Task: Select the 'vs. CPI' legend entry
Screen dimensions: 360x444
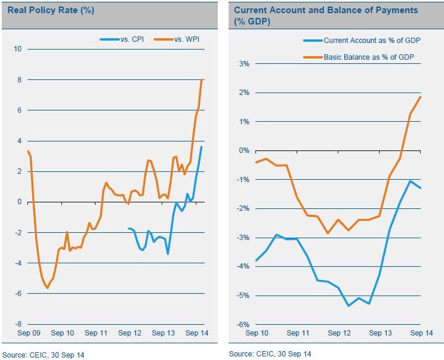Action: click(125, 39)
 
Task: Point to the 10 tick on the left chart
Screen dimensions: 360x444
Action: click(17, 49)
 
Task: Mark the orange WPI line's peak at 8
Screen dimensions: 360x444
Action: click(202, 80)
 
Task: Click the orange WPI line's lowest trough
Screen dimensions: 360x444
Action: click(47, 288)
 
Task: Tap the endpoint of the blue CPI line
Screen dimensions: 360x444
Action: click(202, 147)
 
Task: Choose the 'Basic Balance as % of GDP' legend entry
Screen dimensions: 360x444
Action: click(368, 57)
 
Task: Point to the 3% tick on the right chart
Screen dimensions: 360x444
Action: click(243, 63)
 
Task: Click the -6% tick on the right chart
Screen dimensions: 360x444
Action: click(242, 324)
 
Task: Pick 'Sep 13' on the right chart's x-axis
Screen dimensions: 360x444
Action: click(380, 333)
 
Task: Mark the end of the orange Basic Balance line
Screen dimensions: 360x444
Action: click(421, 97)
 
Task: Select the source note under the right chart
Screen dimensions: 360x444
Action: click(270, 354)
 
